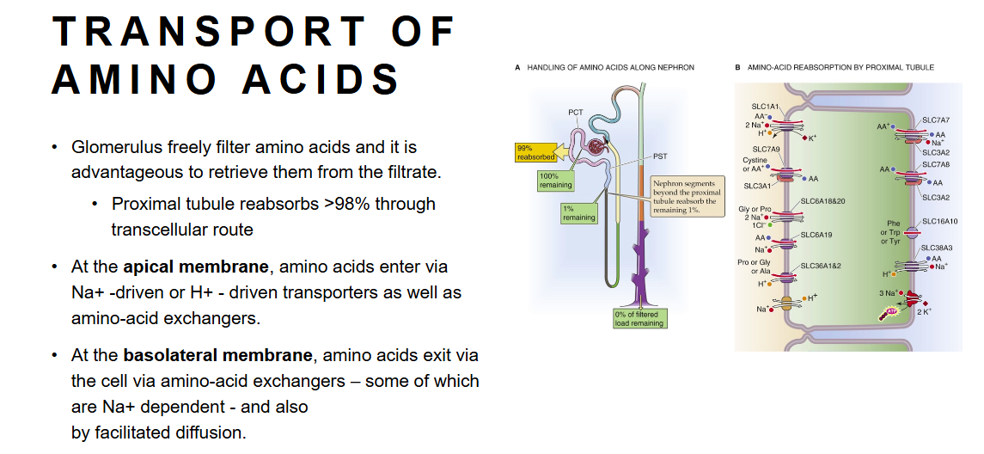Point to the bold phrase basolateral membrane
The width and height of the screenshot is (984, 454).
215,355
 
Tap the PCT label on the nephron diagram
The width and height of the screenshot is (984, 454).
575,113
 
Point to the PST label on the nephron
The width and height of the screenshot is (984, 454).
660,156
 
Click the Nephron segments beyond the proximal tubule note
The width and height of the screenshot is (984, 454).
688,195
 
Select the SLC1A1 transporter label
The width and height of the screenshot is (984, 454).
765,107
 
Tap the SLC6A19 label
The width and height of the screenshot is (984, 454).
816,234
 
